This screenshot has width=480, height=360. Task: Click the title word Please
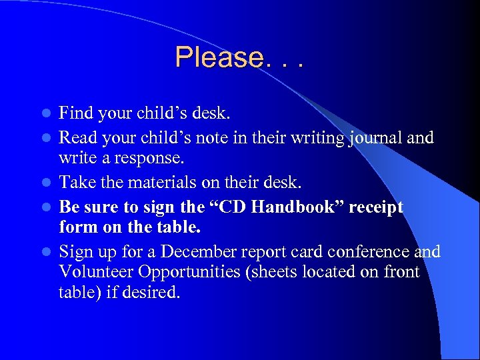(x=219, y=58)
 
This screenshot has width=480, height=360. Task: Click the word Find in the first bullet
(x=75, y=113)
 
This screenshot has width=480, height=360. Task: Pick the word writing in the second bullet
(x=317, y=139)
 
